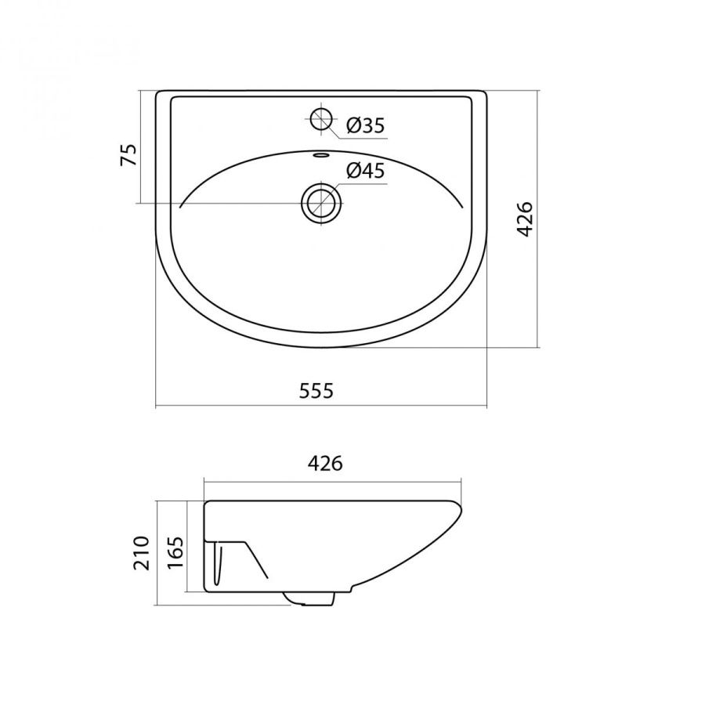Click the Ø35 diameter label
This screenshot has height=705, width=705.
click(366, 125)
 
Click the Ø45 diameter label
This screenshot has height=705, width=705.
click(366, 171)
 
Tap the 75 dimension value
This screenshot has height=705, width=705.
click(128, 155)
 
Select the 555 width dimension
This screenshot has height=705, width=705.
click(316, 391)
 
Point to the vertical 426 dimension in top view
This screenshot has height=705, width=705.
click(524, 219)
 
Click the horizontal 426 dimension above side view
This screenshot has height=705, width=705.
click(325, 463)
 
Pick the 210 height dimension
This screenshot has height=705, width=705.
click(141, 552)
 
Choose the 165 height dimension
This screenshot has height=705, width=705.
click(175, 552)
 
